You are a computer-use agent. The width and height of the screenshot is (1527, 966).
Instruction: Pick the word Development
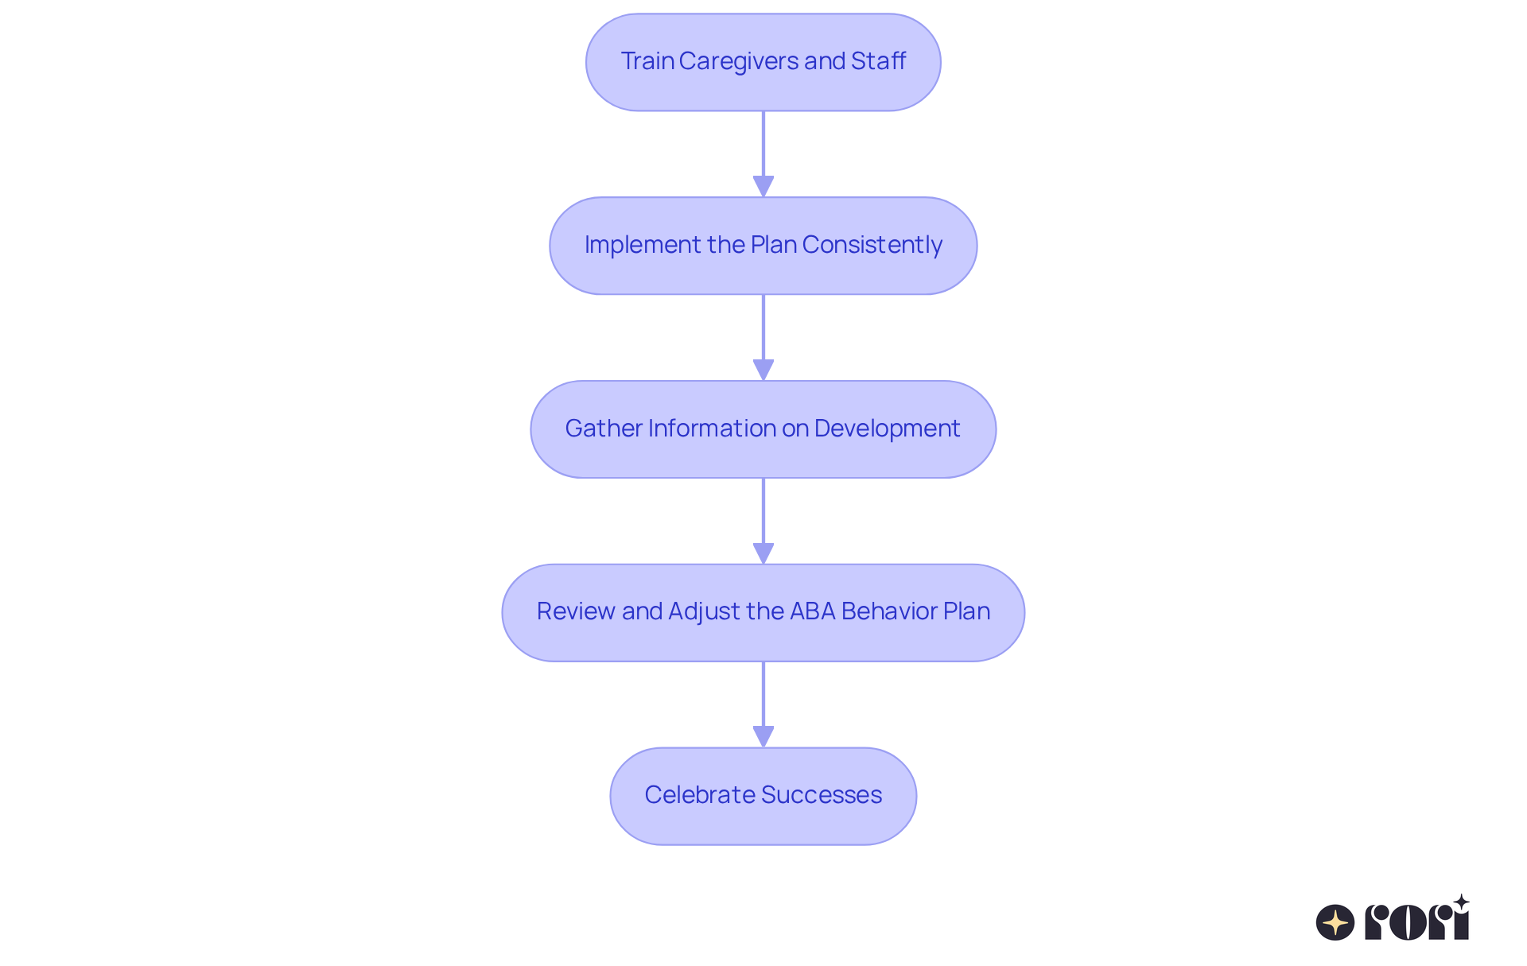[x=887, y=429]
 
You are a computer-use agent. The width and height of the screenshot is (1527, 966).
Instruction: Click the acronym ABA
[x=812, y=611]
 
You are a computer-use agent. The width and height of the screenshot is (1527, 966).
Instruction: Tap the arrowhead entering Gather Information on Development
[x=763, y=370]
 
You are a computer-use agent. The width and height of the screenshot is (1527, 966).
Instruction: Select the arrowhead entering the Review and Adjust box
[x=763, y=553]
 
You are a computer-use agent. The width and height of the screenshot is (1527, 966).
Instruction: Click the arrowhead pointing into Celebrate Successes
[x=763, y=736]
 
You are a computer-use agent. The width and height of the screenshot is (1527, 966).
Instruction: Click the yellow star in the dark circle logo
[x=1335, y=922]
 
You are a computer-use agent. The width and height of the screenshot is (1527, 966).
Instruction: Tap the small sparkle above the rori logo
[x=1461, y=902]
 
